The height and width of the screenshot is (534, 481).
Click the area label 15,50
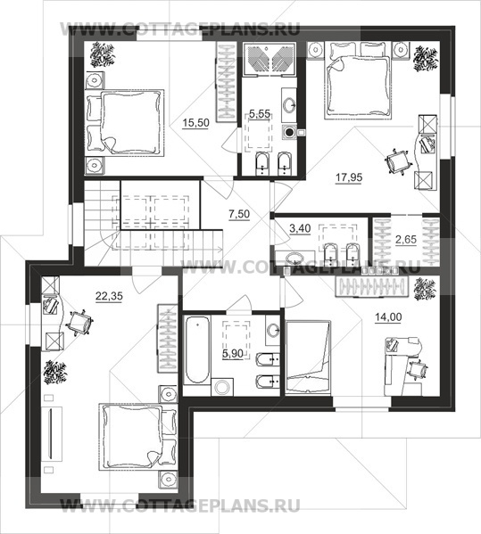tap(195, 123)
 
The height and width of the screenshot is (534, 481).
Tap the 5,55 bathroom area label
tap(260, 114)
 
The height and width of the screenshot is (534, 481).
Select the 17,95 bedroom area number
tap(349, 177)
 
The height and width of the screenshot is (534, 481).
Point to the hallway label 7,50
tap(239, 214)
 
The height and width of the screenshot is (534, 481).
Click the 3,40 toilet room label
tap(300, 228)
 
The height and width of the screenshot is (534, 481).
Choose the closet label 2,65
tap(406, 240)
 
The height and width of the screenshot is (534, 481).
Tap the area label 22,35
tap(109, 296)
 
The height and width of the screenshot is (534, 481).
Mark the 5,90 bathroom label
tap(233, 354)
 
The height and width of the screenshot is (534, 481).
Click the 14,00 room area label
tap(388, 317)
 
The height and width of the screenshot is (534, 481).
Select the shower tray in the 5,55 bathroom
tap(269, 59)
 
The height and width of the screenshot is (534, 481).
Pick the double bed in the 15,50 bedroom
tap(124, 123)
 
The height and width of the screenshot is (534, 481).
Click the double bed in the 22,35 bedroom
tap(137, 437)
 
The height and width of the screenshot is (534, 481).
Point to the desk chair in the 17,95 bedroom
tap(396, 162)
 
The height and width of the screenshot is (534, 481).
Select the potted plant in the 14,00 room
tap(425, 290)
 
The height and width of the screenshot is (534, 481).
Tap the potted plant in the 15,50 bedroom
tap(103, 53)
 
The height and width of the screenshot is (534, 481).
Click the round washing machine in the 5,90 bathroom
tap(222, 387)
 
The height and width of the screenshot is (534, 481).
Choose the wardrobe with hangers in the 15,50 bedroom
tap(227, 82)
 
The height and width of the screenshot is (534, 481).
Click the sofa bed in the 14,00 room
tap(308, 357)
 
